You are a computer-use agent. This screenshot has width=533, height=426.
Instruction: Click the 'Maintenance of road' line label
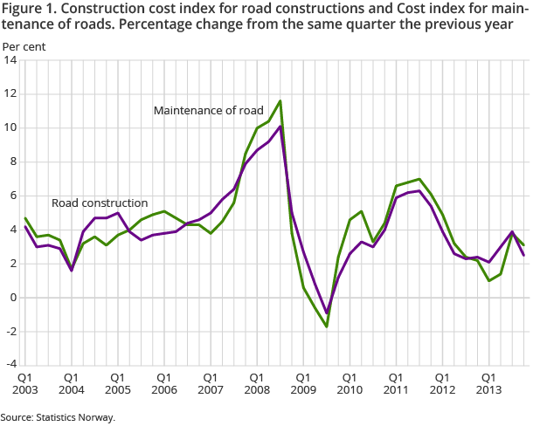point(207,111)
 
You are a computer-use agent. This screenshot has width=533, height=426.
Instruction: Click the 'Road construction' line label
point(100,203)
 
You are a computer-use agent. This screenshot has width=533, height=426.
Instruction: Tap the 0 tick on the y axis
point(13,297)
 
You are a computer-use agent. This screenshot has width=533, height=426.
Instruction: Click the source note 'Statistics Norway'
point(77,417)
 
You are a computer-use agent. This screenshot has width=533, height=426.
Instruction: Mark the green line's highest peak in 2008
point(280,100)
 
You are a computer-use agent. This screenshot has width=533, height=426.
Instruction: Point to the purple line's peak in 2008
point(280,126)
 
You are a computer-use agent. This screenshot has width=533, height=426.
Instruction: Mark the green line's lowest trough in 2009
point(326,326)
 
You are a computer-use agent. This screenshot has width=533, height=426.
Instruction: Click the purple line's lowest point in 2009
point(326,313)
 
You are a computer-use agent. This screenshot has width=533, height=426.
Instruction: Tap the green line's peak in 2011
point(419,179)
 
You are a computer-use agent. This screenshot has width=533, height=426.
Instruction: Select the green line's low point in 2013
point(488,280)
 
